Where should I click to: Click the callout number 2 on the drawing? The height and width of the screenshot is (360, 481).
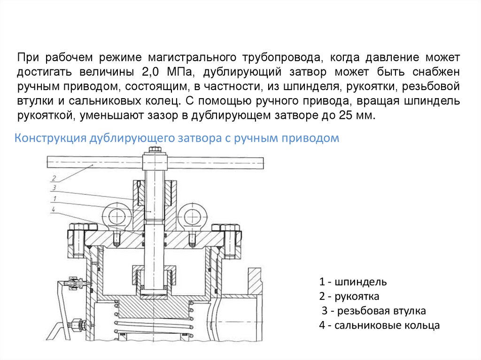click(x=54, y=178)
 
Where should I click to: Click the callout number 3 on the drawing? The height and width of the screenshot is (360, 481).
click(x=54, y=188)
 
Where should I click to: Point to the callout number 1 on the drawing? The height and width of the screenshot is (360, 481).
click(x=54, y=199)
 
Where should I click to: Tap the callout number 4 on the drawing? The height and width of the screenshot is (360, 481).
click(x=54, y=210)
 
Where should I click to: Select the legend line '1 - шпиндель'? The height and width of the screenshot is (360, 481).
click(x=353, y=282)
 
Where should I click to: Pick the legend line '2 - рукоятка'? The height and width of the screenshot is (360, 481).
click(x=349, y=296)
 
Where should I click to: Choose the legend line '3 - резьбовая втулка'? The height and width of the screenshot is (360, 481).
click(x=373, y=311)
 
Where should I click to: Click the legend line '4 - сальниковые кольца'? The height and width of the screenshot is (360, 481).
click(x=380, y=325)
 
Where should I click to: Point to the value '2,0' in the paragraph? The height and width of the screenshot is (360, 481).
click(x=151, y=72)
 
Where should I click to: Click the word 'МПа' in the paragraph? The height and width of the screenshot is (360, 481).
click(x=181, y=72)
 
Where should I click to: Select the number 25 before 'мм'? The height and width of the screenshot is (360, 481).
click(x=345, y=115)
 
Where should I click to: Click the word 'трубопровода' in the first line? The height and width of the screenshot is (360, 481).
click(x=282, y=57)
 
